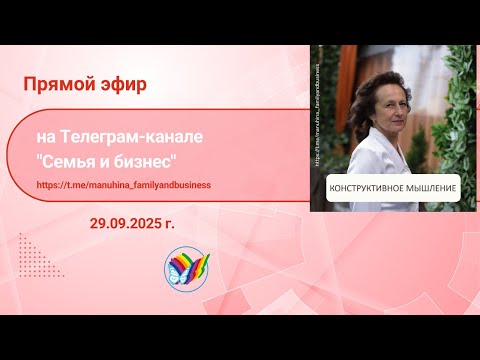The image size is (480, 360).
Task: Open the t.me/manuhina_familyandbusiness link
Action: coord(137,185)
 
